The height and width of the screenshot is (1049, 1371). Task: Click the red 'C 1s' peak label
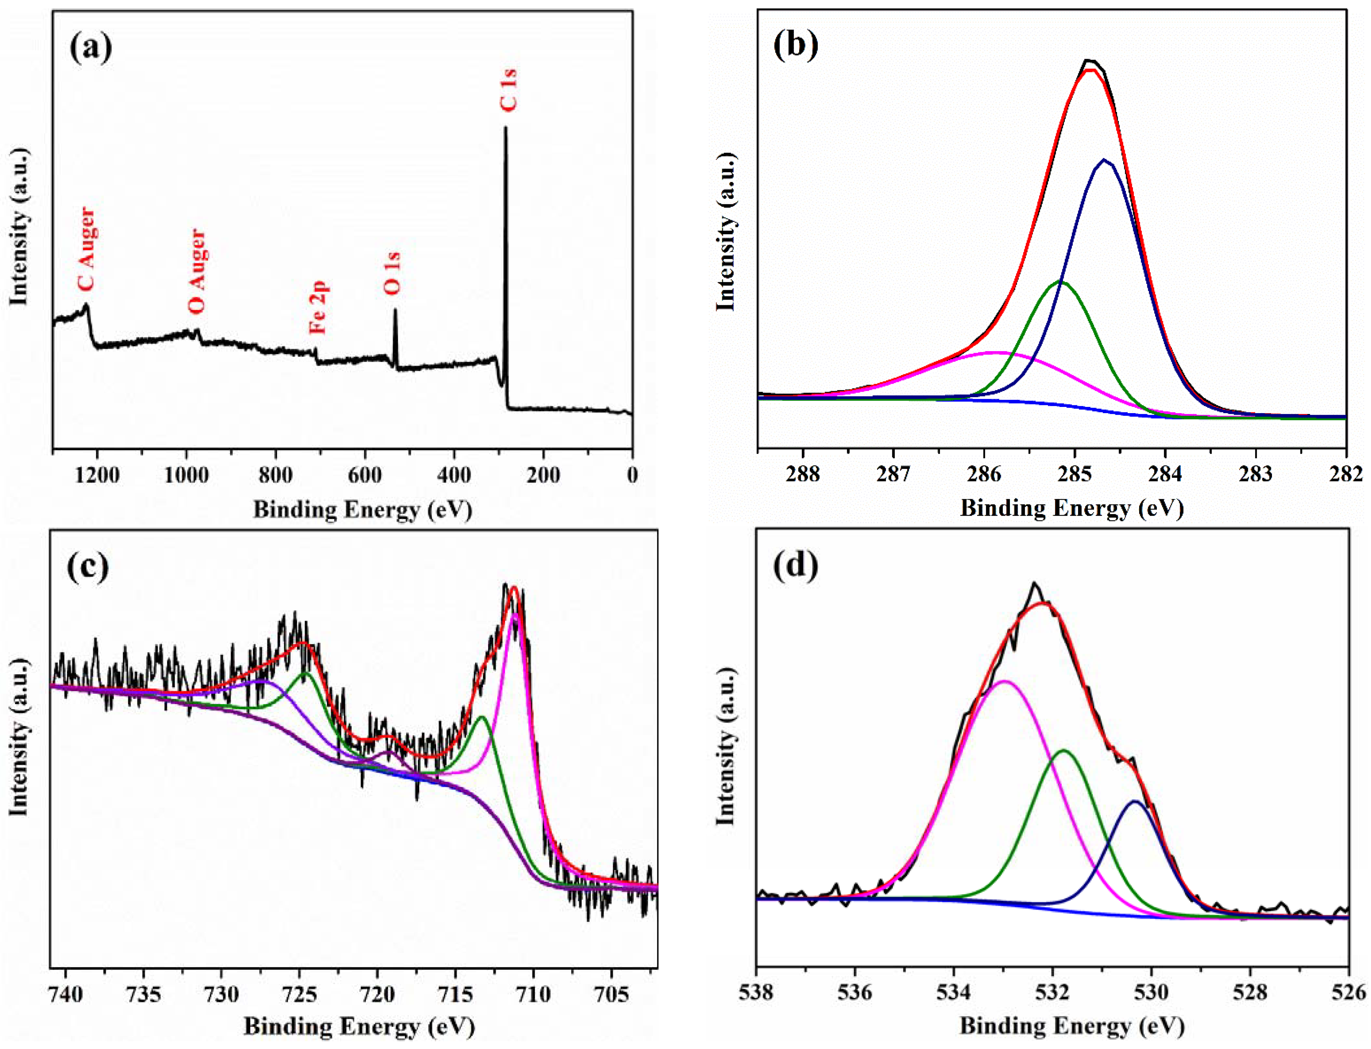(508, 91)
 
